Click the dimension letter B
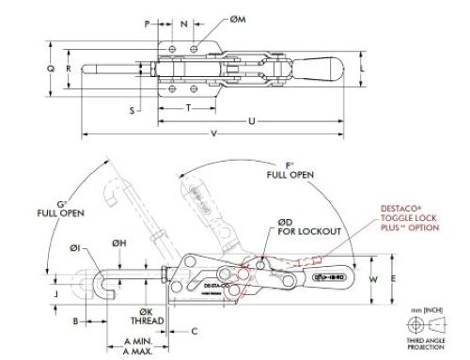(x=74, y=321)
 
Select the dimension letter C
(x=194, y=331)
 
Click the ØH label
(x=119, y=243)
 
